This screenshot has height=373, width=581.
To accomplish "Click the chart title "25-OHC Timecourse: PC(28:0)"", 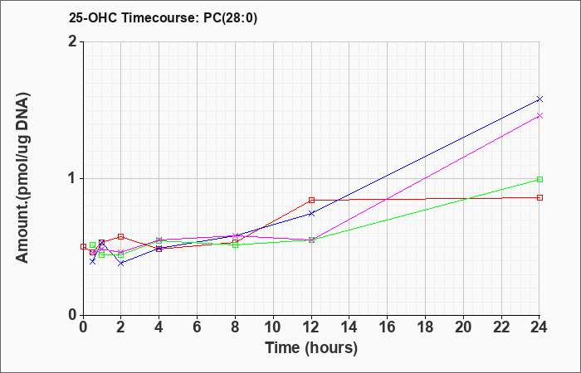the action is [x=163, y=18].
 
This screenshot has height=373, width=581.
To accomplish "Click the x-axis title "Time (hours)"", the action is [x=311, y=348].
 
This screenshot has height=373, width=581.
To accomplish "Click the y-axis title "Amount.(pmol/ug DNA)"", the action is [x=23, y=178].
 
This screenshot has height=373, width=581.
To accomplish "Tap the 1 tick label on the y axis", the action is [x=73, y=178].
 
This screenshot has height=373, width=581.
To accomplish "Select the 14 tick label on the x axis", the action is [x=349, y=327].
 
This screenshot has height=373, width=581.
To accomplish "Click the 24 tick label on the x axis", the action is [x=539, y=327].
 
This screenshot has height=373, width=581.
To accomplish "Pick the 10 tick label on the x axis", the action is [x=273, y=327].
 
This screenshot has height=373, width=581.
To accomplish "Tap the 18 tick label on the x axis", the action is [x=425, y=327].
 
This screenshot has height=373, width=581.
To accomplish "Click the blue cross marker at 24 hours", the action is [x=539, y=99].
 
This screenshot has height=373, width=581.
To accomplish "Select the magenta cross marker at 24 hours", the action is [x=539, y=116].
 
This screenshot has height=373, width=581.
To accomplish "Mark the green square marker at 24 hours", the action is [x=539, y=180].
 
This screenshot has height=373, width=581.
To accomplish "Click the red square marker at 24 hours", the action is [x=539, y=197].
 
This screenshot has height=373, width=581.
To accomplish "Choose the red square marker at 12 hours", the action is [x=311, y=201].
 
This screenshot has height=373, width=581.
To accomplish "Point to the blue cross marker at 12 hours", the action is [x=311, y=214].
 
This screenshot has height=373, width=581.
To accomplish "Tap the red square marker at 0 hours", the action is [x=83, y=246].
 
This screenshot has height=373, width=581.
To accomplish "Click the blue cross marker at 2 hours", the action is [x=121, y=263].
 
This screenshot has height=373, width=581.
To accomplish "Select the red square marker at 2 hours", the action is [x=121, y=236].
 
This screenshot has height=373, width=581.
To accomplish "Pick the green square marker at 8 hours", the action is [x=235, y=245].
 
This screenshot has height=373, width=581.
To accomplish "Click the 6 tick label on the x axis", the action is [x=198, y=327].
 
